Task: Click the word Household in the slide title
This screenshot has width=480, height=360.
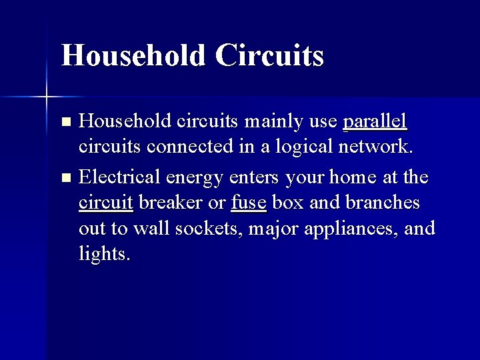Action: coord(133,55)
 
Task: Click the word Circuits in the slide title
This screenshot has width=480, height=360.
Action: coord(270,55)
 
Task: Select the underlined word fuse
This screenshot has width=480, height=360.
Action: coord(249,203)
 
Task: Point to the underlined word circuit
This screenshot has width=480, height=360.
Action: coord(106,203)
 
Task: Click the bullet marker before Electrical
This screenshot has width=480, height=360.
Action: coord(65,178)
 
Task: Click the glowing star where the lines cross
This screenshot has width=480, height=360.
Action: coord(47,97)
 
